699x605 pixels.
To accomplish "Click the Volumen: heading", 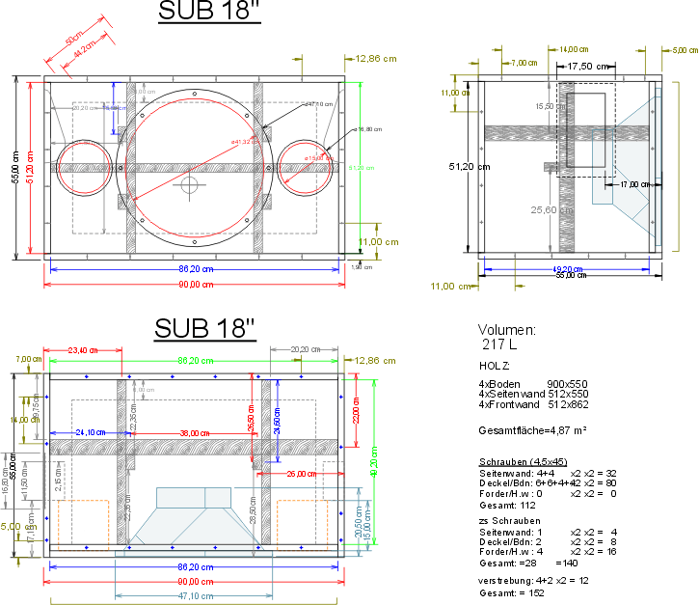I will point(507,329).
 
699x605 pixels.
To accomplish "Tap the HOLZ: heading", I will point(495,366).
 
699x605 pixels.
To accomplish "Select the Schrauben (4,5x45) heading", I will point(522,461).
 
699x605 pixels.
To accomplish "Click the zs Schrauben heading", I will point(505,520).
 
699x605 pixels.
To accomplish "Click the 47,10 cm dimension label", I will point(194,596).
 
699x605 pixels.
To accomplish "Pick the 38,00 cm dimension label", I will point(193,433).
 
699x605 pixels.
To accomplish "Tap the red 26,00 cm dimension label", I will point(299,474).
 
